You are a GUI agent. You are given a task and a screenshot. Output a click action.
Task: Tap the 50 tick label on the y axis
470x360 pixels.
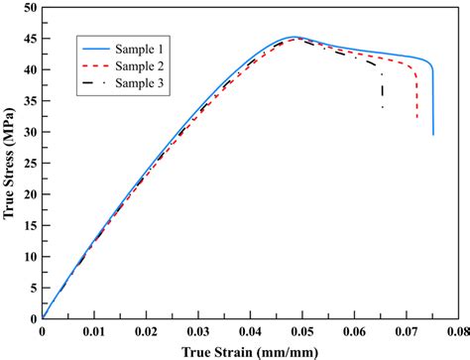pyautogui.click(x=31, y=9)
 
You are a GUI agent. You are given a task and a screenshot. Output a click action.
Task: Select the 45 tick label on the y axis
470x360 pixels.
pyautogui.click(x=31, y=40)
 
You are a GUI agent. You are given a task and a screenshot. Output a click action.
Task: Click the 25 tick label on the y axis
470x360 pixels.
pyautogui.click(x=31, y=164)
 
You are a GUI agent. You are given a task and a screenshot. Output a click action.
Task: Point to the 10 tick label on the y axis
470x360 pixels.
pyautogui.click(x=31, y=257)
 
